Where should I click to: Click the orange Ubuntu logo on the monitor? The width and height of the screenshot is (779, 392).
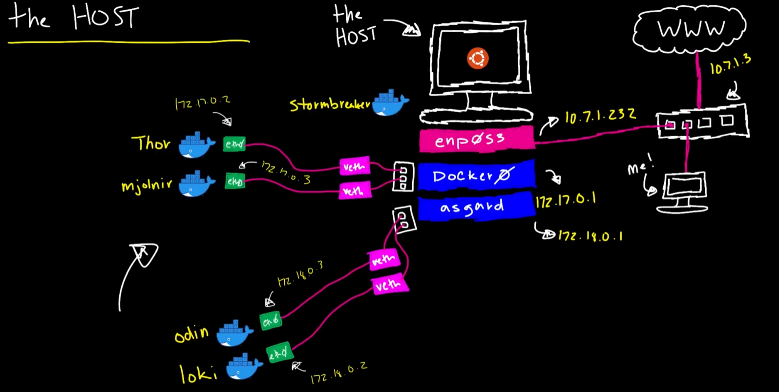coord(478,59)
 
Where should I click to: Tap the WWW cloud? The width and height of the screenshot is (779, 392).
coord(690,29)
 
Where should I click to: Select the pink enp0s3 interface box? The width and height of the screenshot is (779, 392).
coord(476,140)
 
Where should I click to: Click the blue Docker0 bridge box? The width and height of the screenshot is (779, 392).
coord(476,175)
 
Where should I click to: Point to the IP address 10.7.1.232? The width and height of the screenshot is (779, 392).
coord(600,116)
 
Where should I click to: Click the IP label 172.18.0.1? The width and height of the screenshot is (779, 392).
coord(590,236)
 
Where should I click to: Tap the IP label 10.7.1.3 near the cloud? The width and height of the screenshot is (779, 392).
coord(730,64)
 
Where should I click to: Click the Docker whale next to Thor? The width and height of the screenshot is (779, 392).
coord(196,145)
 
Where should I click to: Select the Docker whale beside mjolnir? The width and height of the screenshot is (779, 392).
coord(196,184)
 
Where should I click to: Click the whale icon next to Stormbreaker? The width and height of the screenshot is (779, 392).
coord(390,103)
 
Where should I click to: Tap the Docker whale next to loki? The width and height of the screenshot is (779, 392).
coord(244,367)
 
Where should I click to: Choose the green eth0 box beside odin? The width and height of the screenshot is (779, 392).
coord(271,321)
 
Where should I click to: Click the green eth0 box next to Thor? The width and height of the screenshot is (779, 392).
coord(234,144)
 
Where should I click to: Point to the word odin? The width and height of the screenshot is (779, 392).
coord(191,334)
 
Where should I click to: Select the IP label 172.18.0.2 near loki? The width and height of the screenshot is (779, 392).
coord(338,372)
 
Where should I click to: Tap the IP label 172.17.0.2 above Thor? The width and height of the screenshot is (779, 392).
coord(202,103)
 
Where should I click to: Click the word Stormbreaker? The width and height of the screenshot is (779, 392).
coord(330,105)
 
